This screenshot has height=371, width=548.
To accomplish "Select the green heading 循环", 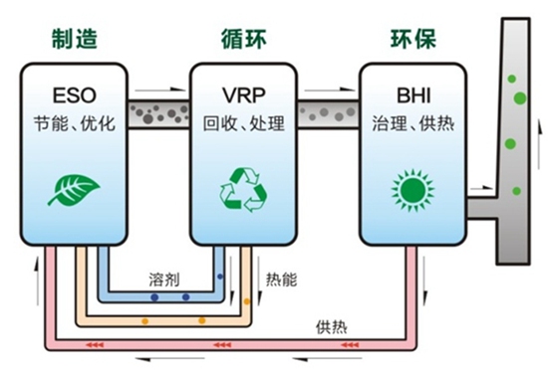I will [242, 39].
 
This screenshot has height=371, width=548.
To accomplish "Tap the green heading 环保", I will [410, 39].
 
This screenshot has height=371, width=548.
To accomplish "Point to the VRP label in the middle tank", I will [242, 96].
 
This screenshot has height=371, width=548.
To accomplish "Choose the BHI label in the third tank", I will [410, 96].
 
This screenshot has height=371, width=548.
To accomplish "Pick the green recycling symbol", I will [242, 188].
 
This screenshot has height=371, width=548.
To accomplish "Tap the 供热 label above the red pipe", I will [332, 326].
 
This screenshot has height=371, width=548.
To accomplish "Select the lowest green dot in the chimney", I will [515, 190].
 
